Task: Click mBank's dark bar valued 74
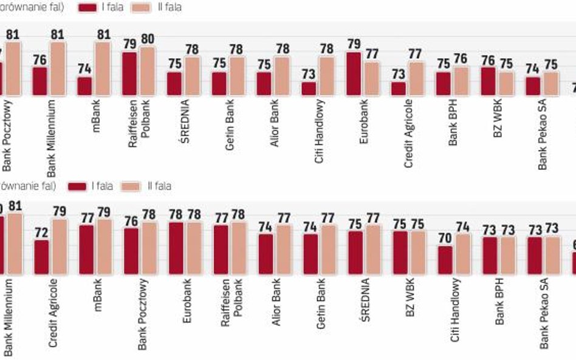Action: point(84,86)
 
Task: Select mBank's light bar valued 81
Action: point(103,69)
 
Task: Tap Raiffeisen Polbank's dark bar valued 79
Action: point(129,74)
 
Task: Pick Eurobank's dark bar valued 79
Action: point(353,74)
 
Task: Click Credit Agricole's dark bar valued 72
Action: point(42,257)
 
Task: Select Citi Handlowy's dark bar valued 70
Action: point(445,260)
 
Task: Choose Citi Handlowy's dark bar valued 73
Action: point(309,89)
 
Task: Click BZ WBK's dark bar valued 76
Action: point(488,81)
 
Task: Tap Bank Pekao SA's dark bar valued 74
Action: point(532,86)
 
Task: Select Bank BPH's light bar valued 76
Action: point(461,81)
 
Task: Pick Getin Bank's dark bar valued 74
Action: point(310,254)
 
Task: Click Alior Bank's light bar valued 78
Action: point(282,76)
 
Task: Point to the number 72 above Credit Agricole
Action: point(42,233)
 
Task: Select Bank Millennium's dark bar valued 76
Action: point(39,81)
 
